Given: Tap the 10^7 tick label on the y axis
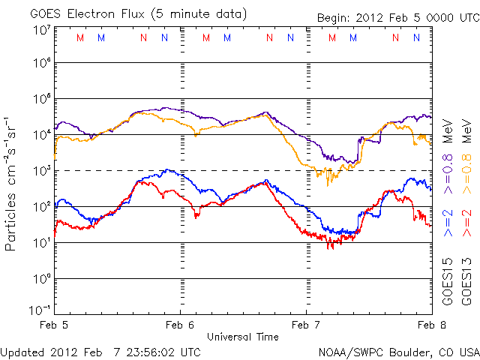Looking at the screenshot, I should click(x=41, y=29).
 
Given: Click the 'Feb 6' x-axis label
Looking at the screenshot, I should click(x=180, y=325).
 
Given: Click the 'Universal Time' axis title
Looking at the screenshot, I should click(x=243, y=337).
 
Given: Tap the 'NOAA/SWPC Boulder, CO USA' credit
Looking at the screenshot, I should click(x=398, y=351).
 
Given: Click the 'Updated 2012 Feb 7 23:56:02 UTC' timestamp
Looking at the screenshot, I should click(x=100, y=351).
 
